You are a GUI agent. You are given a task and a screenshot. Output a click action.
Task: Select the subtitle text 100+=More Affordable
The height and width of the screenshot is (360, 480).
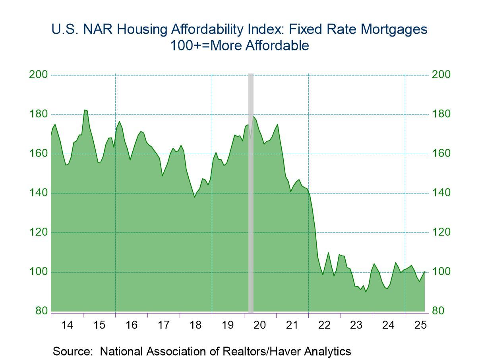240,46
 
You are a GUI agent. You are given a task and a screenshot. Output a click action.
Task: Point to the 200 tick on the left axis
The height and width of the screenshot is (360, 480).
39,75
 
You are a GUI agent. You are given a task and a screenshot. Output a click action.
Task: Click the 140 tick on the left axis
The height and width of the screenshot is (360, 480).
39,193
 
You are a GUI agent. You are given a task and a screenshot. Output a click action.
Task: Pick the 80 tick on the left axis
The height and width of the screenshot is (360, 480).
41,311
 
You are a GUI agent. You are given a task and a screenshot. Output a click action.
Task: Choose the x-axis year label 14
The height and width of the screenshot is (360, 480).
67,325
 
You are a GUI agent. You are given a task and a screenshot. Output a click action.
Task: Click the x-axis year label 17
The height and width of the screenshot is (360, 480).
163,325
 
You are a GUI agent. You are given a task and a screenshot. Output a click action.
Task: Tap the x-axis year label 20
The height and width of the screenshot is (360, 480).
260,325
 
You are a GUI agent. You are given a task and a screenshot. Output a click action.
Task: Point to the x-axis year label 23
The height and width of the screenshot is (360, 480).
356,325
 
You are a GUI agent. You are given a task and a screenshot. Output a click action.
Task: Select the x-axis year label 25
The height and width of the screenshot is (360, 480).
420,325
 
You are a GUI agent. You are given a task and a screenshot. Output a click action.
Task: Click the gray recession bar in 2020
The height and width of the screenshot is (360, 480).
251,191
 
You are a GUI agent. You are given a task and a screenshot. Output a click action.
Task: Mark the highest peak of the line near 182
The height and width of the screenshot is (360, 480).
85,110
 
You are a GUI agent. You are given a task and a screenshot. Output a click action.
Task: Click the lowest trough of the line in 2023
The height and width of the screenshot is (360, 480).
366,292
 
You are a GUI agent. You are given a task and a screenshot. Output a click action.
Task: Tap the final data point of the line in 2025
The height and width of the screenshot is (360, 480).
425,271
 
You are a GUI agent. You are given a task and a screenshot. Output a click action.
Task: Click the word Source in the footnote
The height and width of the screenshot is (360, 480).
74,351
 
